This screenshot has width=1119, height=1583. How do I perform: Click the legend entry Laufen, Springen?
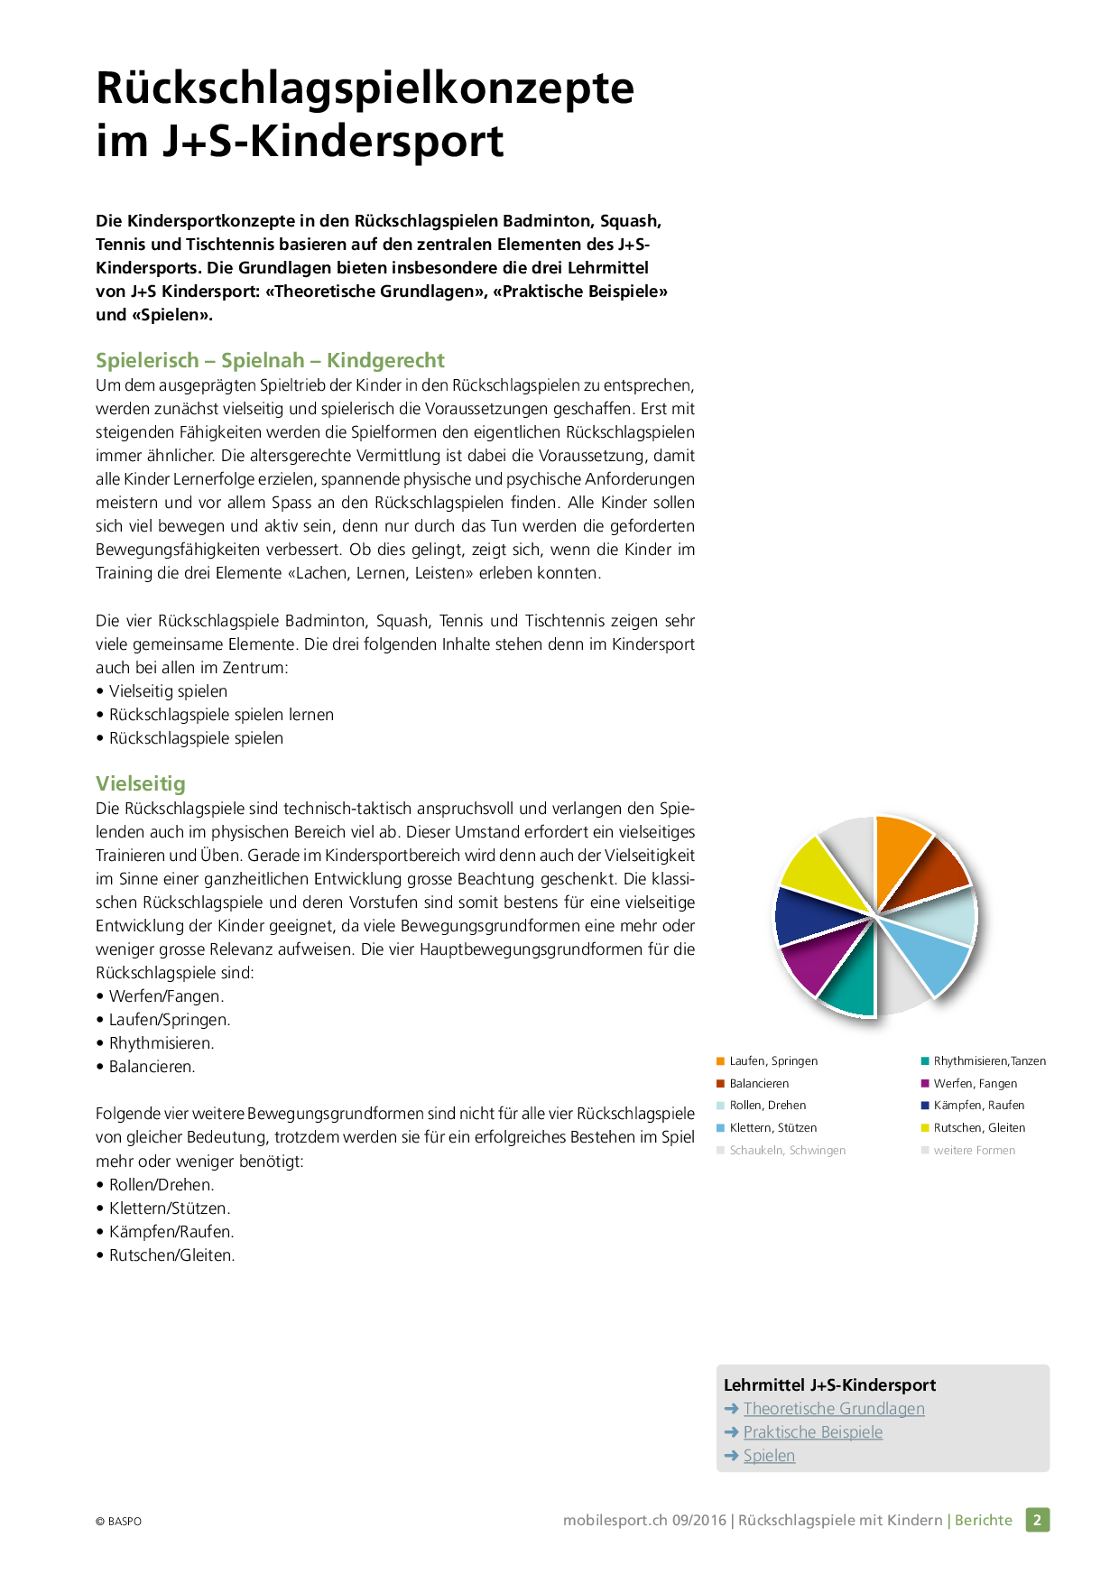coord(772,1061)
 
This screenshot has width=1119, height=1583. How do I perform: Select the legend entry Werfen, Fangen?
coord(975,1084)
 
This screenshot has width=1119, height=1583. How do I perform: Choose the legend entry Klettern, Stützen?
coord(772,1128)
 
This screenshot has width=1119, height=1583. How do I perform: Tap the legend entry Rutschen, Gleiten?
coord(978,1128)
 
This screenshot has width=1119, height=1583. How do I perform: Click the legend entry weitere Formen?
coord(974,1151)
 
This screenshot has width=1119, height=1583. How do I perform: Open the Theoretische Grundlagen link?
coord(833,1409)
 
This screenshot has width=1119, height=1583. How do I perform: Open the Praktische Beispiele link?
coord(812,1432)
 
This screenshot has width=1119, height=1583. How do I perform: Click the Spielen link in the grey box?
coord(769,1456)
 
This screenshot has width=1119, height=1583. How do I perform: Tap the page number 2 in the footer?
coord(1037,1520)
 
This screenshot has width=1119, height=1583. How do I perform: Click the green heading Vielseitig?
coord(141,783)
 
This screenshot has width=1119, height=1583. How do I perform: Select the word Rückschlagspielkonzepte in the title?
coord(365,88)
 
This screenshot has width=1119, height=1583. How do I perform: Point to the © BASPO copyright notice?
coord(118,1522)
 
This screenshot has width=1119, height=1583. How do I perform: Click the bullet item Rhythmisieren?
coord(161,1043)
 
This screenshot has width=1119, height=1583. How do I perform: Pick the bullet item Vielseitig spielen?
coord(168,691)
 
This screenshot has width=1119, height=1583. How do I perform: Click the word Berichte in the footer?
coord(983,1520)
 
